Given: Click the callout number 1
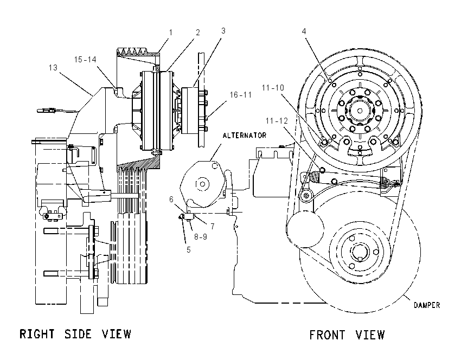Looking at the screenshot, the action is tap(171, 33).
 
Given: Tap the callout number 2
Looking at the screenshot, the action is tap(197, 33).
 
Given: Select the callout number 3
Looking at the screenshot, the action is tap(223, 30).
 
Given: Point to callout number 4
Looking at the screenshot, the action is tap(304, 31).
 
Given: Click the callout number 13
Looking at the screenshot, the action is tap(53, 68).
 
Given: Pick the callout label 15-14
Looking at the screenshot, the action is tap(85, 60).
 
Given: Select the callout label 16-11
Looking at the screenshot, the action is tap(241, 95).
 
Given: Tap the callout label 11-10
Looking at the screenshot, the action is tap(273, 88).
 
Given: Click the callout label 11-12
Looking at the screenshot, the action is tap(277, 121).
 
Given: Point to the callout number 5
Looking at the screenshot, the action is tap(188, 250).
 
